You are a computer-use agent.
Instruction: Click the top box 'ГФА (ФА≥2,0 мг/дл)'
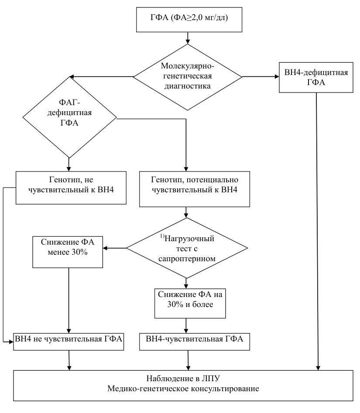click(189, 20)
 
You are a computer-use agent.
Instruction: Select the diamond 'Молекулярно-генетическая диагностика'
click(187, 77)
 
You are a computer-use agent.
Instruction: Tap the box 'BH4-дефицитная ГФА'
click(316, 78)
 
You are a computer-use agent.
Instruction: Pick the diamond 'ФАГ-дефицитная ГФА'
click(69, 117)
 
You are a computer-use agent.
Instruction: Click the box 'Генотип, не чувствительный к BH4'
click(71, 188)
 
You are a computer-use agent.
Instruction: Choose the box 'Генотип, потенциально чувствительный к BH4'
click(195, 189)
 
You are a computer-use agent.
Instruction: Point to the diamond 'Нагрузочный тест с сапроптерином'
click(187, 248)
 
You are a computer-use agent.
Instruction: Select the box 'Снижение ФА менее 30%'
click(68, 252)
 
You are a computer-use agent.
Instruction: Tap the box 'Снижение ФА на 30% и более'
click(190, 303)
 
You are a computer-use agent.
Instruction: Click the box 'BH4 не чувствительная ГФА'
click(69, 342)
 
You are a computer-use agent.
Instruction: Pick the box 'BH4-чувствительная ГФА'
click(195, 342)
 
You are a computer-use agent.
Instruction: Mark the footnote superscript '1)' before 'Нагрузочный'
click(162, 236)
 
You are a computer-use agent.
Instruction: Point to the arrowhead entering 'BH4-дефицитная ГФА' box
click(277, 77)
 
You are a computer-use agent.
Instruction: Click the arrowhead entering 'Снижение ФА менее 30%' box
click(105, 248)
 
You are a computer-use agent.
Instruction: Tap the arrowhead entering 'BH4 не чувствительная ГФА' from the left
click(11, 342)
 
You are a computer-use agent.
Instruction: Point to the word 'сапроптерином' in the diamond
click(187, 258)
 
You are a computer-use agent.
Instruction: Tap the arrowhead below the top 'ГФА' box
click(188, 41)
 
